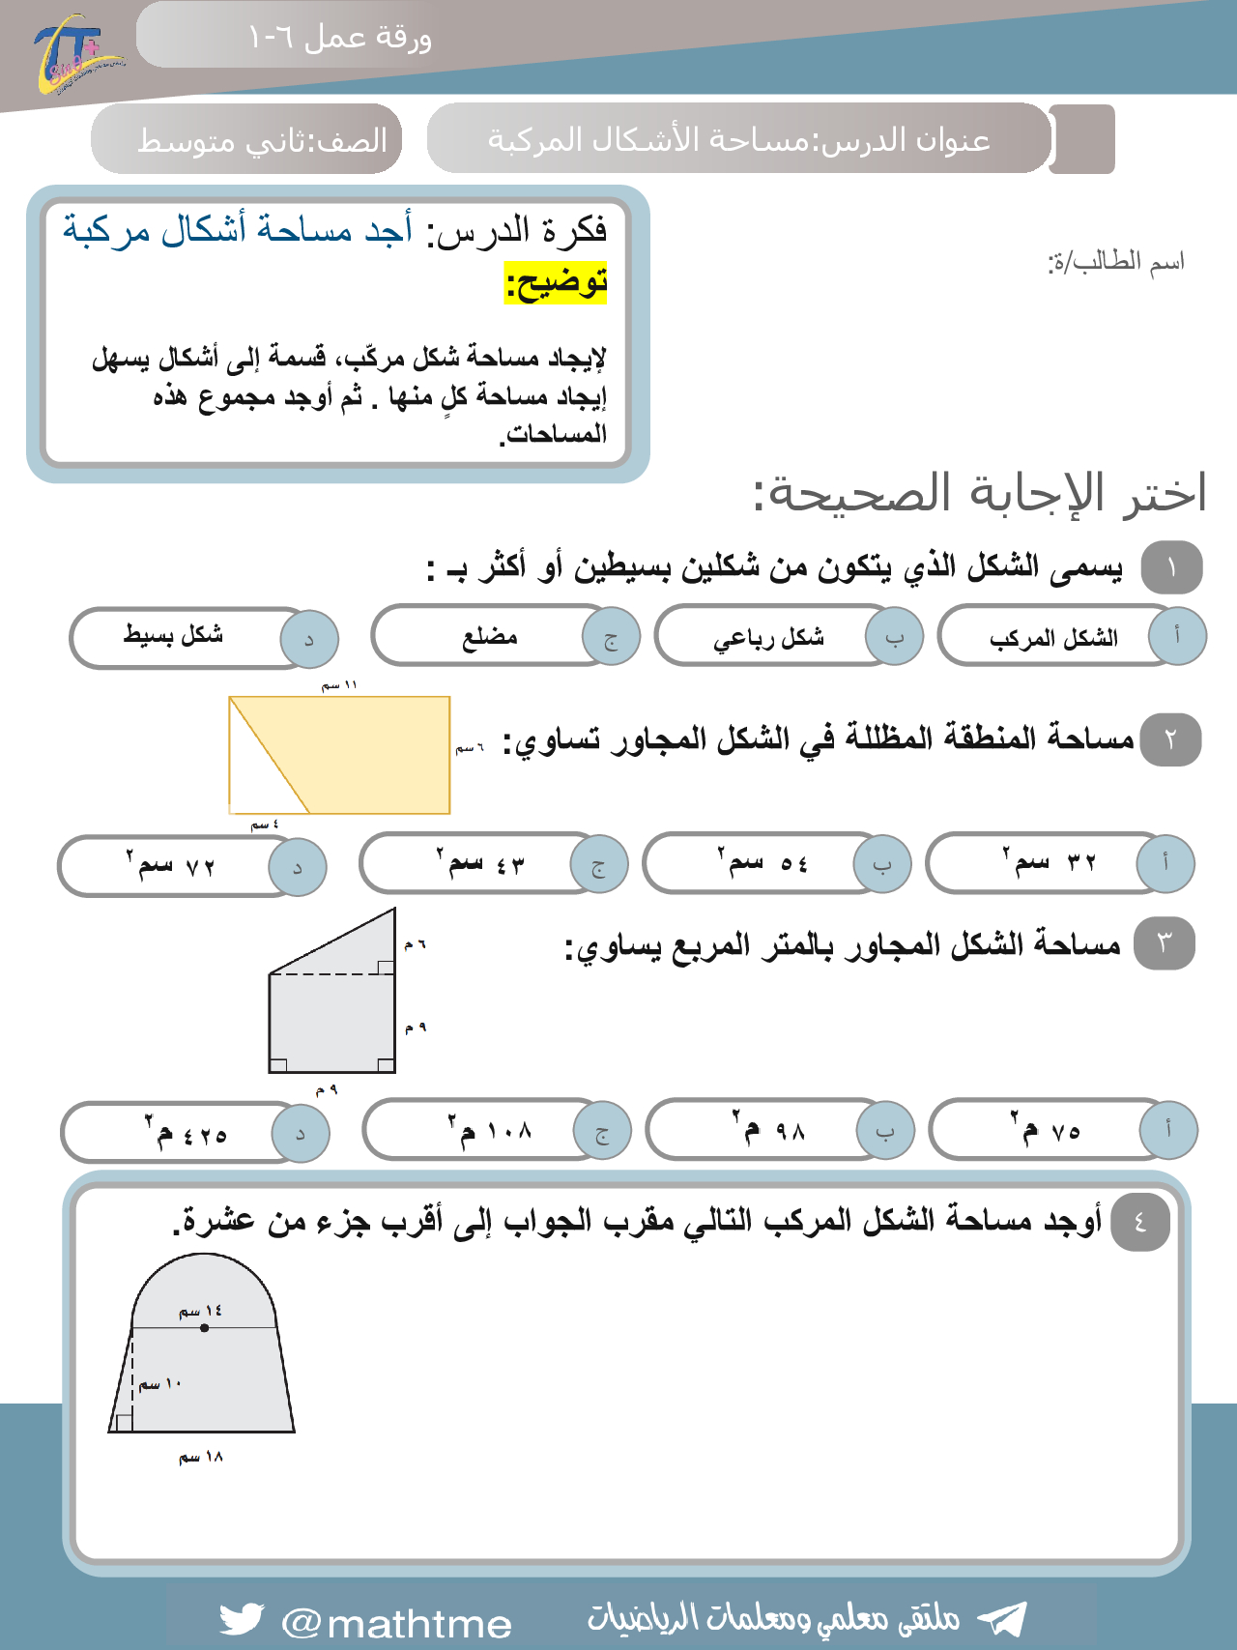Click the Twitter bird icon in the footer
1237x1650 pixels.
tap(241, 1619)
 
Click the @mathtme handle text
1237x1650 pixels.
tap(396, 1624)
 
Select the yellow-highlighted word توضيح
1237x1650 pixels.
tap(556, 284)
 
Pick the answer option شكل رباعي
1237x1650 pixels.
tap(769, 638)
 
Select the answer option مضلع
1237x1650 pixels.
tap(490, 637)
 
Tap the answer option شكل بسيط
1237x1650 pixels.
tap(174, 635)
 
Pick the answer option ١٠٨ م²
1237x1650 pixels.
tap(491, 1130)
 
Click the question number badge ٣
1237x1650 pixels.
tap(1164, 943)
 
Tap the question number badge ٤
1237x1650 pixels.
tap(1140, 1222)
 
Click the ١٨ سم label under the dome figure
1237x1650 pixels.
tap(201, 1458)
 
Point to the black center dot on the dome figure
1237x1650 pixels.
tap(205, 1328)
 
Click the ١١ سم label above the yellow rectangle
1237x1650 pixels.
tap(340, 685)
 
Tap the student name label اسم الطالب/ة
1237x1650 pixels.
tap(1116, 262)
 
